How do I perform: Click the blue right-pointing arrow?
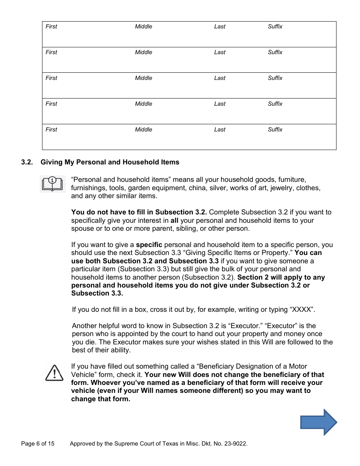point(318,422)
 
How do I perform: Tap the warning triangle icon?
point(54,373)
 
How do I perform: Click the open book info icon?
point(52,184)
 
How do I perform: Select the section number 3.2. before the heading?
point(27,162)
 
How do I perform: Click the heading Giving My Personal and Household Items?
point(110,162)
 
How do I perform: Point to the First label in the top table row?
point(51,27)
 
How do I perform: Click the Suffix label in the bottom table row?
point(275,130)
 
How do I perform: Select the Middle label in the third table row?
point(144,78)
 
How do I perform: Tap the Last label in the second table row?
point(220,52)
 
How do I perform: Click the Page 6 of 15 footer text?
point(38,444)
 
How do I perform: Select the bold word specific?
point(149,245)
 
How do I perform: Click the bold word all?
point(174,220)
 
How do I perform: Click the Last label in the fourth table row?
point(220,104)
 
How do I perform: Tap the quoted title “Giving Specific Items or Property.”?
point(235,253)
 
